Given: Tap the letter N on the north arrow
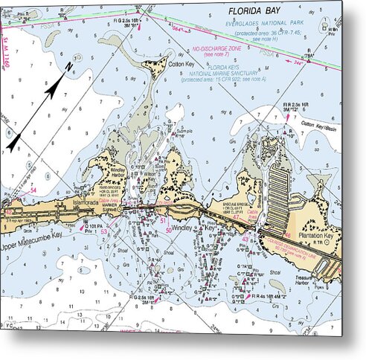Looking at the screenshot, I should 68,66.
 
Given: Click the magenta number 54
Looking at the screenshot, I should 33,191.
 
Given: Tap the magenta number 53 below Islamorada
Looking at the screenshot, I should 104,232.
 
